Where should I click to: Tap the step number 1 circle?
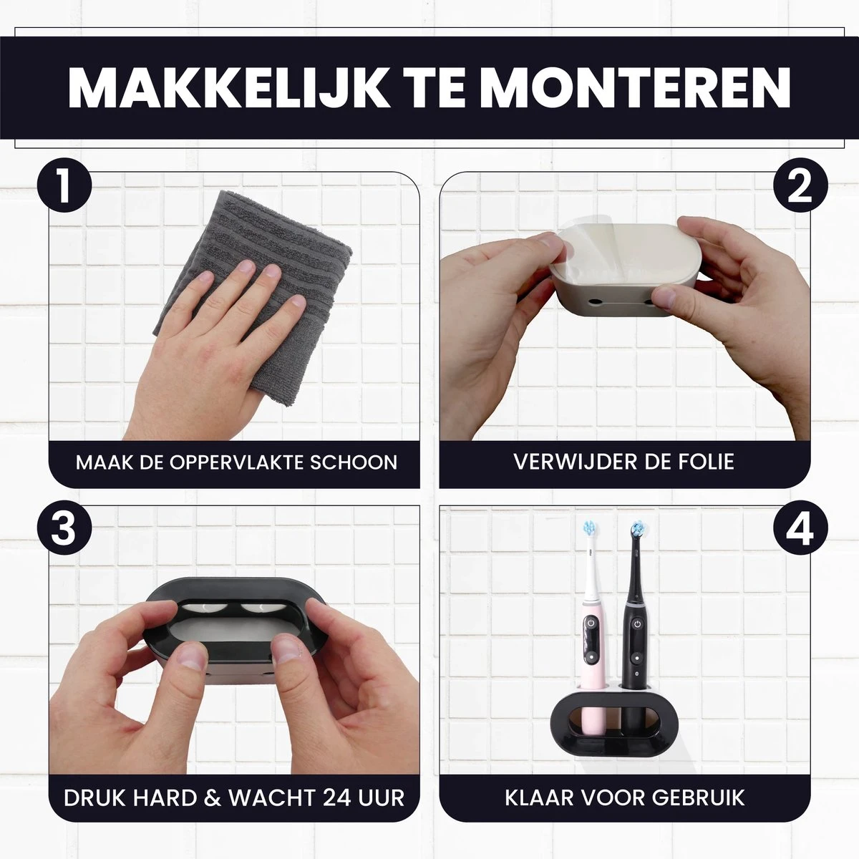(x=64, y=186)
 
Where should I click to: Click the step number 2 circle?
(x=800, y=186)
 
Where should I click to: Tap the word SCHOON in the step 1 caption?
(x=354, y=462)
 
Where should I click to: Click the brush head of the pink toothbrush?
(x=590, y=529)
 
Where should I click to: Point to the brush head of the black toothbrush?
(x=638, y=529)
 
